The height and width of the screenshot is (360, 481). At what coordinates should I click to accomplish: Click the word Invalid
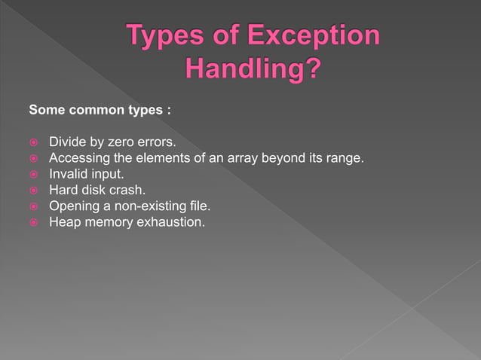coord(68,173)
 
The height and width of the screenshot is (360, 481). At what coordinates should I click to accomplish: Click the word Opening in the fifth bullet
coord(74,206)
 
